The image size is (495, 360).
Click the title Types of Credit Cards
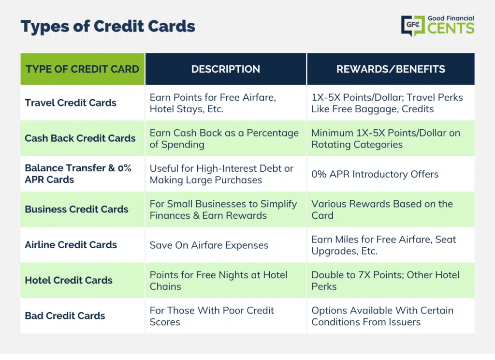[108, 27]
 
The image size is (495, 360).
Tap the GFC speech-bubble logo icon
[413, 26]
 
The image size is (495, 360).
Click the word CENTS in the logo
[451, 28]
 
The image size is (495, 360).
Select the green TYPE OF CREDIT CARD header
[82, 69]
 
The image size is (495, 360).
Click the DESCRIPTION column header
[226, 69]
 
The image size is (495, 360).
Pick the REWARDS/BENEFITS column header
[391, 69]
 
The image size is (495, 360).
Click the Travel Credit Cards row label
[71, 103]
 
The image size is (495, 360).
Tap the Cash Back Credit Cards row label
[80, 138]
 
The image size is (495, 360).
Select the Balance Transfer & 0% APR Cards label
[78, 174]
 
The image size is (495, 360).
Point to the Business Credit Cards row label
[77, 209]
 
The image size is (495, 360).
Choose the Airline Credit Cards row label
[71, 245]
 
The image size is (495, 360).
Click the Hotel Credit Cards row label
[69, 280]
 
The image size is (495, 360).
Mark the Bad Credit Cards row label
[65, 315]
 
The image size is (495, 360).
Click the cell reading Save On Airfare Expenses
[209, 245]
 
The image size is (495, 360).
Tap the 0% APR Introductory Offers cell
[375, 174]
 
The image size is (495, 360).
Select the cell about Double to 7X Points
[385, 281]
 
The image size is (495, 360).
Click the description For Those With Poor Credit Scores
[212, 316]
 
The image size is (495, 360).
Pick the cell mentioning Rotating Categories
[386, 138]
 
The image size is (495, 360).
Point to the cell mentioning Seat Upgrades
[383, 245]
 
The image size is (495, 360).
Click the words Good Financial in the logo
[451, 18]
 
